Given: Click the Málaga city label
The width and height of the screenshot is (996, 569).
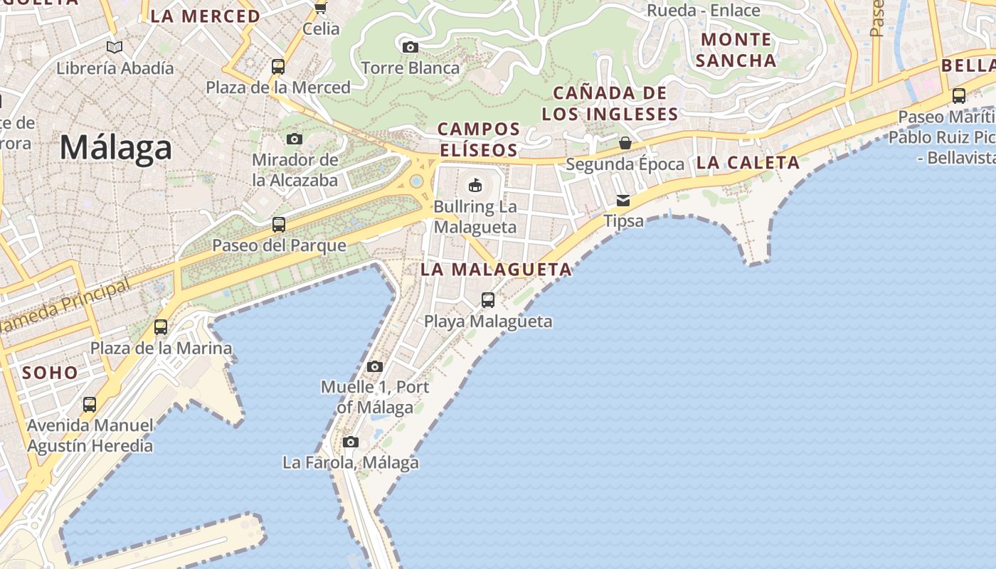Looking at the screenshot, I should pos(116,148).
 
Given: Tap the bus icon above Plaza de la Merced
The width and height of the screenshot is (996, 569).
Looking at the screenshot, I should pos(278,67).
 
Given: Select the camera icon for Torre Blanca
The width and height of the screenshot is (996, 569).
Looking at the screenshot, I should pos(410,47).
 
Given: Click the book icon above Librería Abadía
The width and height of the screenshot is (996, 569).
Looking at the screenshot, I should pos(115,48).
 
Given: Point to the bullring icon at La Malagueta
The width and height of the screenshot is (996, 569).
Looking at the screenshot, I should pos(475,186).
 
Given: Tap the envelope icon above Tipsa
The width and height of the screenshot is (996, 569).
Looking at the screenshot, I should pos(623,200).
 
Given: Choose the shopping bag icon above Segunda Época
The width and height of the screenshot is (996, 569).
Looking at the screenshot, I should pos(625,143).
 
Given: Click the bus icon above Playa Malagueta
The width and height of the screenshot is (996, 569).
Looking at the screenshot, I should pos(488,300).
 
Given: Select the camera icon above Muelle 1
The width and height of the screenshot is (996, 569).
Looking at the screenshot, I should pos(375,367).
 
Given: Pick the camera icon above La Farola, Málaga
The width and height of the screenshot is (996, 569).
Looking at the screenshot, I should pos(350,442).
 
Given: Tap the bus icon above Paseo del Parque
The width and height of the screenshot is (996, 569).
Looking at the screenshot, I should pos(279,225).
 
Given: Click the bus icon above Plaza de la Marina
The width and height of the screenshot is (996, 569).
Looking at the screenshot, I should pos(161,327).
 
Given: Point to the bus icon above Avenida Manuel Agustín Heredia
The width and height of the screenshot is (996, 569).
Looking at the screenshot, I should pos(90,405).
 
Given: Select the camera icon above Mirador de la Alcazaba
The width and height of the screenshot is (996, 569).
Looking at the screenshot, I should pos(295,139).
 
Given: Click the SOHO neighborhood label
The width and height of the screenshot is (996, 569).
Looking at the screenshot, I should pos(50,372).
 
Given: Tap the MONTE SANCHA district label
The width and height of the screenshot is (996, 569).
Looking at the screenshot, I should pos(736,50).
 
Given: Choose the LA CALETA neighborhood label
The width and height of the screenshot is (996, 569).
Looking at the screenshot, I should pos(748,163).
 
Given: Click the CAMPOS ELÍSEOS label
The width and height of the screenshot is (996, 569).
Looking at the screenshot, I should pos(478,139).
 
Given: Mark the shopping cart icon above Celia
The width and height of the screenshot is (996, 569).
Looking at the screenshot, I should pos(321,8).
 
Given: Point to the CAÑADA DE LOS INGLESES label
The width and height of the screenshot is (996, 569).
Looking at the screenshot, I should pos(610,103).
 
